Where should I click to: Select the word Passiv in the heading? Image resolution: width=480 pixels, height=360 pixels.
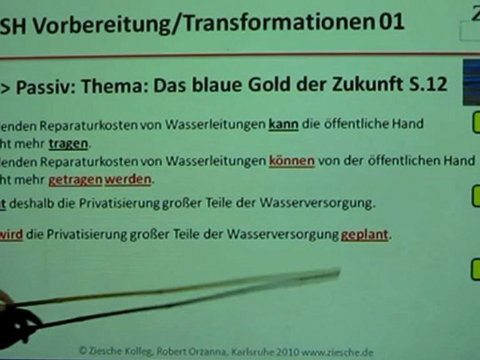(x=45, y=86)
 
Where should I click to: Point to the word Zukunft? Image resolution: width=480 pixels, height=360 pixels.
(x=367, y=85)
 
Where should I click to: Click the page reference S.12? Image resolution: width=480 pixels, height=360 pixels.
(x=427, y=85)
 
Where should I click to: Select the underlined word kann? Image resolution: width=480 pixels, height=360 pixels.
(x=283, y=124)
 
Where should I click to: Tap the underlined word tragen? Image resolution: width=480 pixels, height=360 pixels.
(x=68, y=144)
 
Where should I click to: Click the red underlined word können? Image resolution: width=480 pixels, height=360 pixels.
(x=291, y=161)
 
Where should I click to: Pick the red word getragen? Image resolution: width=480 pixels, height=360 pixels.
(x=75, y=180)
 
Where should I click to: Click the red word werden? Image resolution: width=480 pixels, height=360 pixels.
(x=127, y=180)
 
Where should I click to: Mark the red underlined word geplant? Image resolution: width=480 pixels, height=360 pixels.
(x=364, y=234)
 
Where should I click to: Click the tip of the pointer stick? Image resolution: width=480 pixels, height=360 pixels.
(x=338, y=272)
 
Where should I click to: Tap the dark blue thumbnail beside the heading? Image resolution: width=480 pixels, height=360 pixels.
(x=470, y=82)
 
